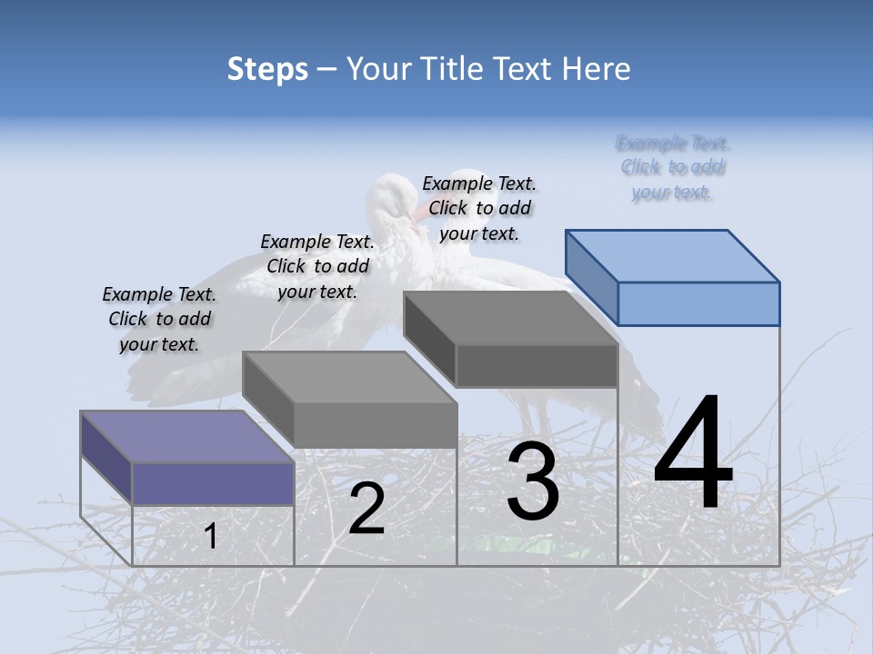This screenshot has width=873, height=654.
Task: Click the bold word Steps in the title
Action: (x=266, y=69)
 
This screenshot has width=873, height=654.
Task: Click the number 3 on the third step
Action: (x=533, y=482)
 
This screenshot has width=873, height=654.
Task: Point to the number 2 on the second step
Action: (x=366, y=509)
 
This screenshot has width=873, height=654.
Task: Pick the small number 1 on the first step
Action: (x=211, y=536)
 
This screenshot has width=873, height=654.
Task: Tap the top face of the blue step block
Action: (x=673, y=255)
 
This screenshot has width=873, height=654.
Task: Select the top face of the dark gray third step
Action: (x=510, y=318)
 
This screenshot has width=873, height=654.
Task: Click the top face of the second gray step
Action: (x=349, y=377)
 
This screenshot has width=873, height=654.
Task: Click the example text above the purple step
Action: (x=159, y=319)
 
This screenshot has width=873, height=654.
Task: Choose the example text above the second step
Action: (x=317, y=266)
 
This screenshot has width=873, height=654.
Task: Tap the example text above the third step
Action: (x=479, y=208)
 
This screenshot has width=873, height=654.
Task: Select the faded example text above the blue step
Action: (x=673, y=167)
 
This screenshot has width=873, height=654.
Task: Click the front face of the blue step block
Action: (x=698, y=303)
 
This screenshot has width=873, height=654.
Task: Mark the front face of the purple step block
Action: (x=213, y=483)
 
